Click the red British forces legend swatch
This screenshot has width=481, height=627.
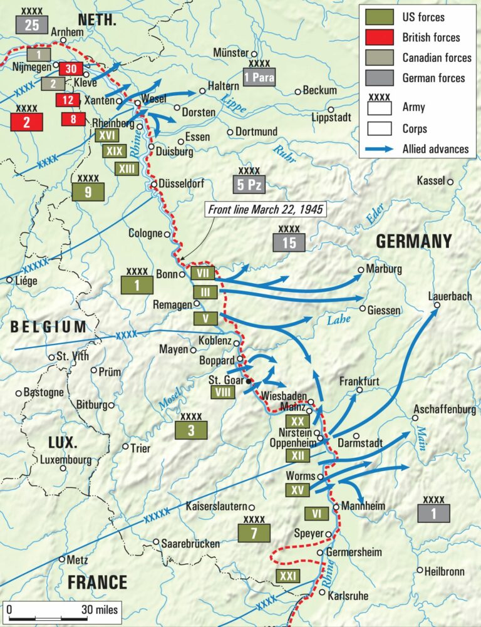point(380,37)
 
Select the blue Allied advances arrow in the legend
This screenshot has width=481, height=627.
point(380,149)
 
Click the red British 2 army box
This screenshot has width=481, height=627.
point(27,122)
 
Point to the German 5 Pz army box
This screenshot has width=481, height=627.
point(249,185)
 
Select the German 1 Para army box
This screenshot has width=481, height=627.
point(259,78)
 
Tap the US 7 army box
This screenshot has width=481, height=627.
point(254,533)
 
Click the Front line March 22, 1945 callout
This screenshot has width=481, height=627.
point(266,209)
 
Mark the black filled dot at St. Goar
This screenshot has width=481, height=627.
point(249,381)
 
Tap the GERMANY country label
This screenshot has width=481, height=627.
point(413,242)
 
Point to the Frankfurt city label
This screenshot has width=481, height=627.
point(359,381)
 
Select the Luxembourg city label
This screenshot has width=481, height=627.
point(65,459)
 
